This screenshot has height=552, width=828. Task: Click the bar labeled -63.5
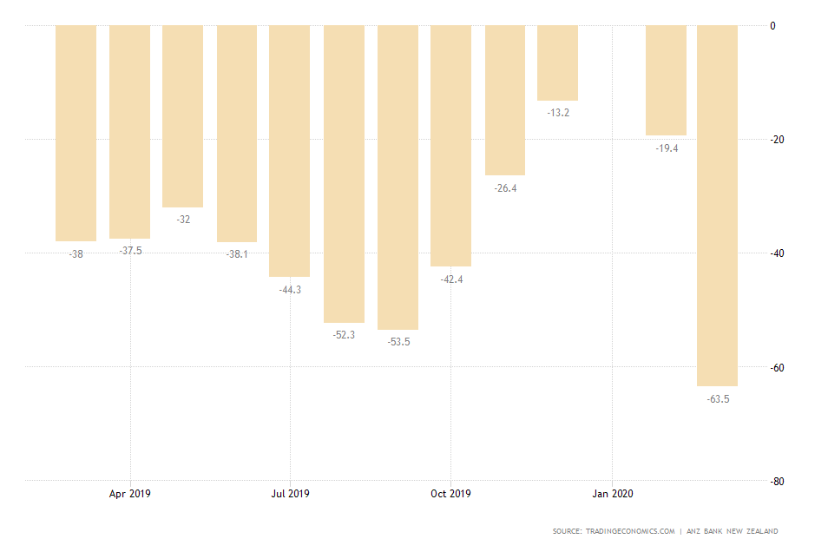point(717,205)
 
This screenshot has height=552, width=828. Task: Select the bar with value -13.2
point(557,62)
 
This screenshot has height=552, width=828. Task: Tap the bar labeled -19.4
point(666,80)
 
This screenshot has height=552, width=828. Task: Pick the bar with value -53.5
point(398,177)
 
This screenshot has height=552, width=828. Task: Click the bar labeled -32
point(182,115)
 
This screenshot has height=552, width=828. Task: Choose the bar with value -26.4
point(505,100)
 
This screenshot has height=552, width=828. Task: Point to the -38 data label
point(76,254)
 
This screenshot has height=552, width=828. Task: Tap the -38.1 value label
point(237,255)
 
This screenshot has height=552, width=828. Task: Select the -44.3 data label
point(290,290)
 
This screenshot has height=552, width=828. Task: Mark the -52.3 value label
point(344,335)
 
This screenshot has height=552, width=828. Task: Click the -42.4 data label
point(451,279)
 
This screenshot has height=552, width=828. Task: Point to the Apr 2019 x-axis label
point(130,494)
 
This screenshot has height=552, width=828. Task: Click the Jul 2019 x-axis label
point(290,494)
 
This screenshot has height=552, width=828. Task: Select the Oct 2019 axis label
point(450,494)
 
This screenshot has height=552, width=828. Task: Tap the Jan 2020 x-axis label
point(613,494)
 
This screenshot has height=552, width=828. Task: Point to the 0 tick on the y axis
point(772,26)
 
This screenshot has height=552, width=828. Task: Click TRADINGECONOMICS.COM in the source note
point(632,531)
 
